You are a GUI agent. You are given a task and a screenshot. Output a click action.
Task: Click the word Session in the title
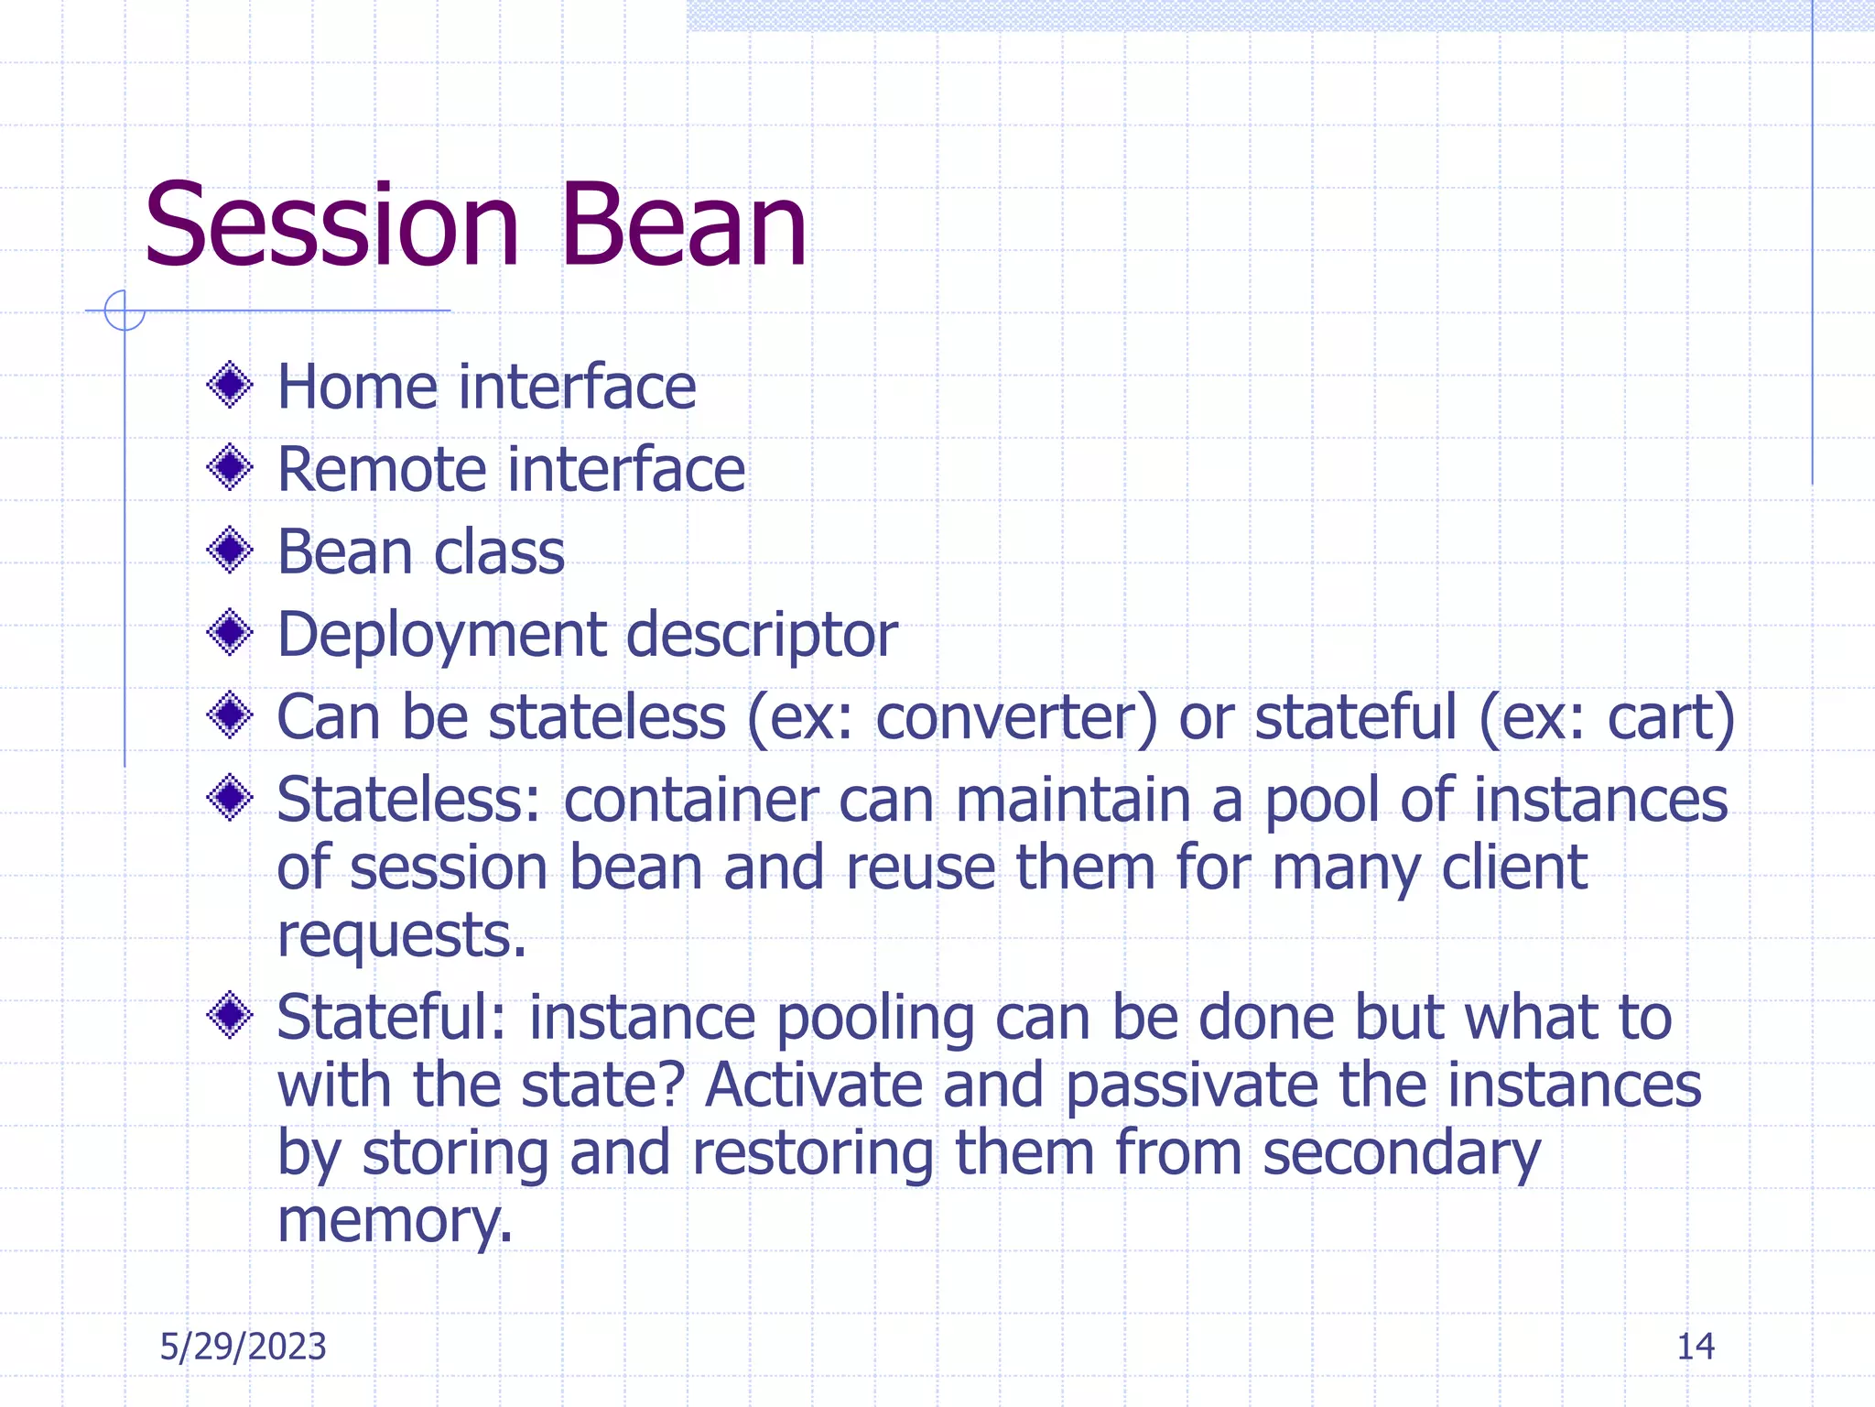pos(331,225)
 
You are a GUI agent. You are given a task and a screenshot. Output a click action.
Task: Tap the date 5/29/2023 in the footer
pos(243,1347)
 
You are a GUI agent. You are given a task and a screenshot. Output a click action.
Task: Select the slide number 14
pos(1695,1347)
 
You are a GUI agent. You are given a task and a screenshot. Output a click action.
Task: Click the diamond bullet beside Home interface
pos(230,386)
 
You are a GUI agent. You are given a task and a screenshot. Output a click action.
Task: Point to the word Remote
pos(382,469)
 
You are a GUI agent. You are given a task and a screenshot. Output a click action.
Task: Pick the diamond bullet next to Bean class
pos(230,551)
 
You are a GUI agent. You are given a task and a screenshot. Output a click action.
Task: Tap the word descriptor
pos(762,635)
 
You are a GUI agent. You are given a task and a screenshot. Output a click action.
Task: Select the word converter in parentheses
pos(1016,717)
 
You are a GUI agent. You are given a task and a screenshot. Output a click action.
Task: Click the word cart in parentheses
pos(1659,717)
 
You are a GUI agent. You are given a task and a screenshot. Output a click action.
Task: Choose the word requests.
pos(401,936)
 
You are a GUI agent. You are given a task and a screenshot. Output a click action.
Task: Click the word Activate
pos(813,1085)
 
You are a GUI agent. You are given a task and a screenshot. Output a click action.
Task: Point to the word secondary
pos(1402,1154)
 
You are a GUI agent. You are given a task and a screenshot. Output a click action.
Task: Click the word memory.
pos(394,1222)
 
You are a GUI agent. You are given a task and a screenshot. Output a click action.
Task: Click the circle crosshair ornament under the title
pos(125,311)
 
